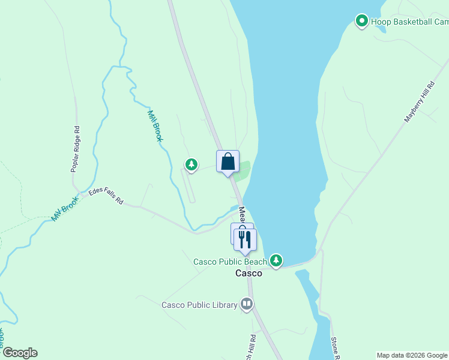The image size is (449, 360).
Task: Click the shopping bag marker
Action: coord(228,161)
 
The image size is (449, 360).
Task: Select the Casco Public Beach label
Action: coord(230,262)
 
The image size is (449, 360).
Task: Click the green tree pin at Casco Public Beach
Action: coord(276,260)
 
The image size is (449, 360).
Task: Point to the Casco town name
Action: coord(248,273)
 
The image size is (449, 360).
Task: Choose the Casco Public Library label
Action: coord(199,305)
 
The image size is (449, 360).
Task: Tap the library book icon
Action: coord(246,304)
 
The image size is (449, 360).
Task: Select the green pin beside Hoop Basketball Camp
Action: coord(362,22)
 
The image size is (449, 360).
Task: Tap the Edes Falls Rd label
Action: coord(106,196)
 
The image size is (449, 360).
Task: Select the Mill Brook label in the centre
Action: coord(155,125)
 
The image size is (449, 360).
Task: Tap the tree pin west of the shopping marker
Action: coord(191,164)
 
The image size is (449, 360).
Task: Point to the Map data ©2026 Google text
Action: coord(412,355)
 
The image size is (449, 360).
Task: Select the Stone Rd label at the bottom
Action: coord(336,349)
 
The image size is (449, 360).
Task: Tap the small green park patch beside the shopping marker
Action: coord(243,171)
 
